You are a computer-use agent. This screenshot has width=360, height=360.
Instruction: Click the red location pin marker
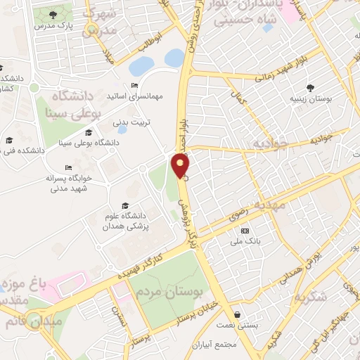point(181,166)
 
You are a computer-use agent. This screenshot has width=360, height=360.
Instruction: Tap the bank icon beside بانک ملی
point(245,231)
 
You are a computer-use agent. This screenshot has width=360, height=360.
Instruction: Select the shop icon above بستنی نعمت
point(238,315)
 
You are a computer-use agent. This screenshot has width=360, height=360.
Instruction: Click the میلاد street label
point(109,53)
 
